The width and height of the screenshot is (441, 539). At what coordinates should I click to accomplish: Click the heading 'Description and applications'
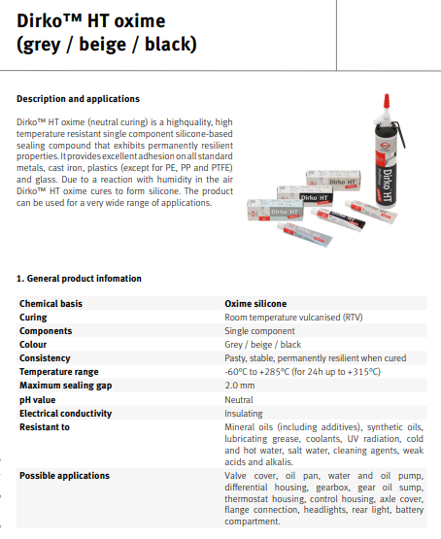pyautogui.click(x=78, y=99)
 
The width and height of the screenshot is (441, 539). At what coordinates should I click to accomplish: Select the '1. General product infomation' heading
pyautogui.click(x=79, y=279)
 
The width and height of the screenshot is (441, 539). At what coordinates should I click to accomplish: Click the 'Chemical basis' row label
pyautogui.click(x=51, y=304)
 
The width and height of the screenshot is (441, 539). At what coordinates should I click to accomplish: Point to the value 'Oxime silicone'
pyautogui.click(x=256, y=304)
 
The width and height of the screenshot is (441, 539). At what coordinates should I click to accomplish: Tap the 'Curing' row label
pyautogui.click(x=33, y=318)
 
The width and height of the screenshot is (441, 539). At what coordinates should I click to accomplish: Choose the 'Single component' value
pyautogui.click(x=259, y=331)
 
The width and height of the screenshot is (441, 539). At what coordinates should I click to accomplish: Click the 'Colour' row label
pyautogui.click(x=34, y=345)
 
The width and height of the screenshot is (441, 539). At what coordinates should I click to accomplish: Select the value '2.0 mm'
pyautogui.click(x=239, y=386)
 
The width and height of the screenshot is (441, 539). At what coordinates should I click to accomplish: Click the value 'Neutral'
pyautogui.click(x=239, y=399)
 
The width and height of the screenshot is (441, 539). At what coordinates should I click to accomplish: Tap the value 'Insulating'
pyautogui.click(x=244, y=413)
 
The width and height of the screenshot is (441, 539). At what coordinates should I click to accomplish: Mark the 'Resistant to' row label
pyautogui.click(x=45, y=426)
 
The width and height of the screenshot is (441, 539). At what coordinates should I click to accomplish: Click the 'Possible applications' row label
pyautogui.click(x=64, y=476)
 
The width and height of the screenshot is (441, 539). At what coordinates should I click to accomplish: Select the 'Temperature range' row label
pyautogui.click(x=58, y=372)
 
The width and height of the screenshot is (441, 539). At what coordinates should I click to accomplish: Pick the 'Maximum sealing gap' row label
pyautogui.click(x=65, y=386)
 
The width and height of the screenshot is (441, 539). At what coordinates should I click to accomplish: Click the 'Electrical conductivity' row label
pyautogui.click(x=65, y=413)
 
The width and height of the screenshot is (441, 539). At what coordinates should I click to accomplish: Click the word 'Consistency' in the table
pyautogui.click(x=45, y=358)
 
